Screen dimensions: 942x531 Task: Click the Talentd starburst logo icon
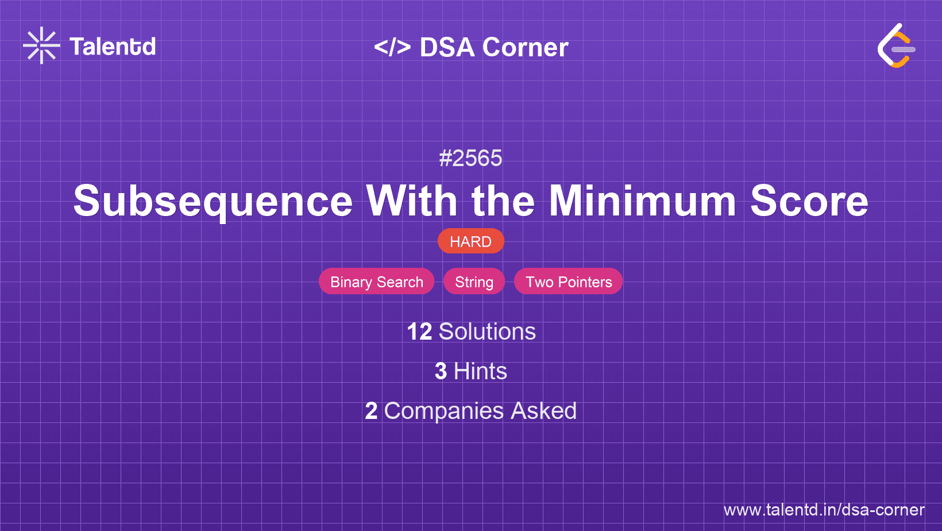click(x=41, y=45)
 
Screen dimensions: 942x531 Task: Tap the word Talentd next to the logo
click(x=113, y=47)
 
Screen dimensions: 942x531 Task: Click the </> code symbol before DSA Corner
click(x=392, y=47)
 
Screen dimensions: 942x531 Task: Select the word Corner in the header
click(x=525, y=47)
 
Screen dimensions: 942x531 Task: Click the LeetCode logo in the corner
click(x=896, y=45)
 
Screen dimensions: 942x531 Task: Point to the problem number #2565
click(x=470, y=158)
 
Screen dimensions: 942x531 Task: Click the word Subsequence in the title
click(x=213, y=201)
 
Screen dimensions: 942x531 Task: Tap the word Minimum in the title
click(x=643, y=201)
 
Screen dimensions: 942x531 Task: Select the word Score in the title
click(x=809, y=201)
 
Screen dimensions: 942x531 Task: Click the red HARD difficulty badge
click(x=470, y=241)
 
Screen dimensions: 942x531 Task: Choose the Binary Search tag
click(x=376, y=282)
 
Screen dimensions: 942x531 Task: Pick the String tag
click(x=474, y=282)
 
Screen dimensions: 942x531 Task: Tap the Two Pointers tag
click(x=568, y=282)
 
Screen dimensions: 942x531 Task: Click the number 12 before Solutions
click(x=419, y=332)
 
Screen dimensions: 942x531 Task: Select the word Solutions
click(x=488, y=332)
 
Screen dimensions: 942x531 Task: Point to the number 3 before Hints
click(x=441, y=371)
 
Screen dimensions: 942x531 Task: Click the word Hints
click(x=480, y=371)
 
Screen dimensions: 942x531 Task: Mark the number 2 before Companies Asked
click(x=371, y=411)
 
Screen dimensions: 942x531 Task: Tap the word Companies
click(x=443, y=411)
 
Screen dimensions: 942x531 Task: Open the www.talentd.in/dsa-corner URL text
click(x=824, y=510)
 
